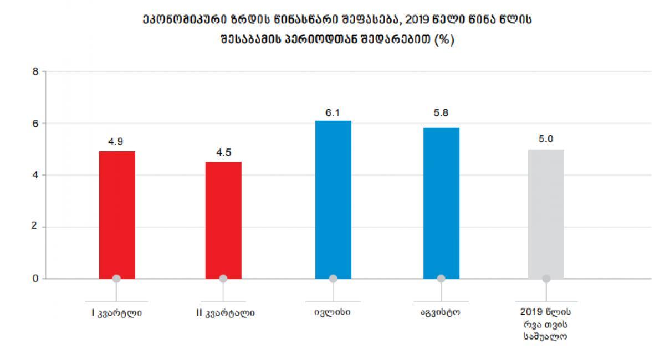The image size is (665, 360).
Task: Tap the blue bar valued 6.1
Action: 333,199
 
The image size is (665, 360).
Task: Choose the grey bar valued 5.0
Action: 546,214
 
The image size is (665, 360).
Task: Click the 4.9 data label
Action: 115,142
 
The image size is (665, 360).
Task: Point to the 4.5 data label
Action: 223,153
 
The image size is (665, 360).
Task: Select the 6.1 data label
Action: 332,112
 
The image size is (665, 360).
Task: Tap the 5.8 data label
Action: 441,119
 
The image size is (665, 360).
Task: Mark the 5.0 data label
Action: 546,139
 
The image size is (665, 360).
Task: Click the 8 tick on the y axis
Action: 35,71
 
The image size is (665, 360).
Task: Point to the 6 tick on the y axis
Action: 35,123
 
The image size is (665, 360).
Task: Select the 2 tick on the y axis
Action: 35,227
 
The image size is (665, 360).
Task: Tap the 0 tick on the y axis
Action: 35,279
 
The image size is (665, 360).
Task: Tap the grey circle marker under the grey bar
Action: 546,279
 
